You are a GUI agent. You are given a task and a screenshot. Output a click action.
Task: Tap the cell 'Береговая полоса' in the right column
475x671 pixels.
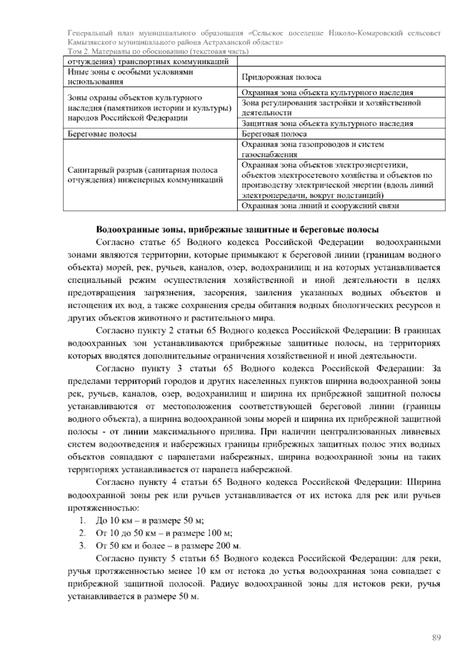click(x=274, y=134)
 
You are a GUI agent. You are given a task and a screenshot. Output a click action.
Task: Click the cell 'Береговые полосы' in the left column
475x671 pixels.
click(x=103, y=134)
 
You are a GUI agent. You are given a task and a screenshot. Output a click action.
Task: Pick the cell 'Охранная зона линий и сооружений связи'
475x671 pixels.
click(x=320, y=206)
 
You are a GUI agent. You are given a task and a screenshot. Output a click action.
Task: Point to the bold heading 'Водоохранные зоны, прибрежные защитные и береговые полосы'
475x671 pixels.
click(x=237, y=230)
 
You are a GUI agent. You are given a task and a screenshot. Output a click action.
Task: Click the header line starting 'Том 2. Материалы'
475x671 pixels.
click(x=158, y=51)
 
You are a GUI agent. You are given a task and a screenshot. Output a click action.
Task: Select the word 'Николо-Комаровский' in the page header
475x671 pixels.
click(x=365, y=33)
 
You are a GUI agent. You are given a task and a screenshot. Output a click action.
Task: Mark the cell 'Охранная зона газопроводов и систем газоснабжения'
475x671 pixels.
click(x=313, y=150)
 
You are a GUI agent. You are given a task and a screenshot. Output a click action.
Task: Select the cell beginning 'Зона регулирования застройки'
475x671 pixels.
click(x=331, y=108)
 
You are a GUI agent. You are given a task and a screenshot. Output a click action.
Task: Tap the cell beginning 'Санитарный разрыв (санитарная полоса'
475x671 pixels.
click(x=142, y=175)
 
